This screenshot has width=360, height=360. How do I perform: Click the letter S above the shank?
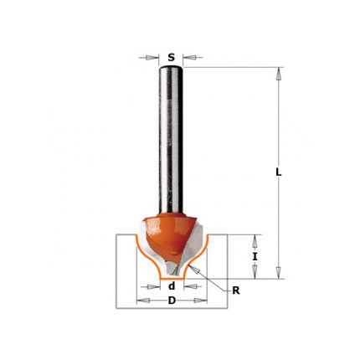(x=171, y=58)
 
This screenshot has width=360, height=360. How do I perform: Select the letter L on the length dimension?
(x=278, y=173)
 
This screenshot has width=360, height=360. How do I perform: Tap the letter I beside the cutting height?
(x=255, y=257)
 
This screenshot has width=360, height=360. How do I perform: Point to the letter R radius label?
(x=236, y=291)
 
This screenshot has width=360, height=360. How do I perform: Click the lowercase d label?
(x=172, y=286)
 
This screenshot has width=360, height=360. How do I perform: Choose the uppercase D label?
(x=172, y=301)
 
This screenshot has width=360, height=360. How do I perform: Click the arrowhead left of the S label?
(x=152, y=58)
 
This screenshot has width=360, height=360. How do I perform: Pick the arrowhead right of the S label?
(x=189, y=58)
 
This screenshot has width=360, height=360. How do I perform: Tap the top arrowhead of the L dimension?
(x=278, y=74)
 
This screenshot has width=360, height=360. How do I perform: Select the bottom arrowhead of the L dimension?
(x=278, y=272)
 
